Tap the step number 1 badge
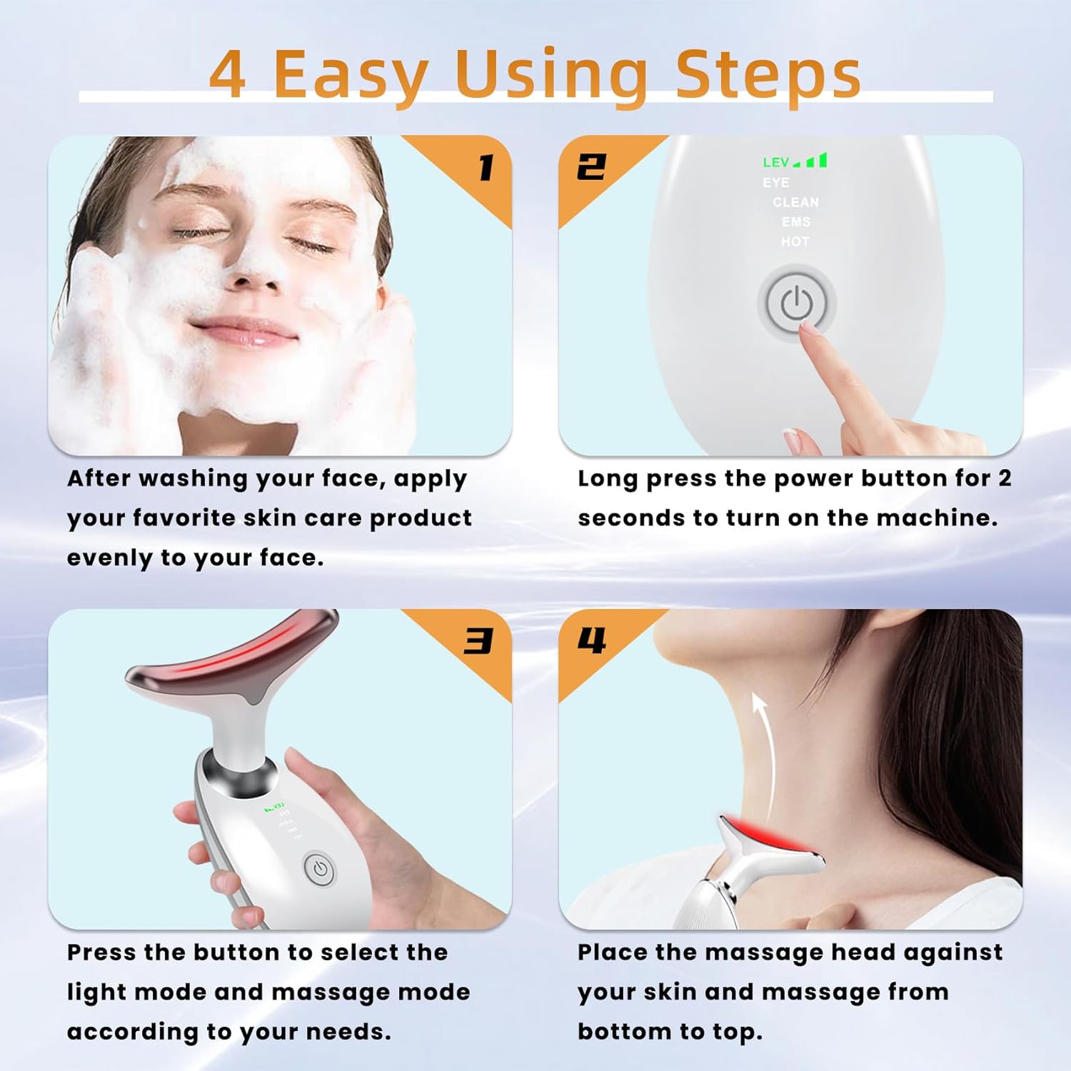486,169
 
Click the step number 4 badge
592,640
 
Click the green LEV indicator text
776,163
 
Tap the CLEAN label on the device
795,203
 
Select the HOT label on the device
795,242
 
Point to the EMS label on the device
795,222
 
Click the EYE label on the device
775,183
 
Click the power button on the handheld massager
320,870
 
